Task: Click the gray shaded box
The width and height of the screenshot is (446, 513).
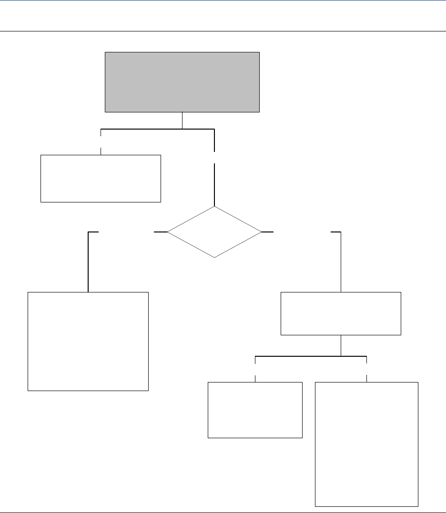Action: pos(182,82)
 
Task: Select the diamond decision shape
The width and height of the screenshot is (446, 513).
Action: pos(214,232)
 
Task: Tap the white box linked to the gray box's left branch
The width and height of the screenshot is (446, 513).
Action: pos(101,178)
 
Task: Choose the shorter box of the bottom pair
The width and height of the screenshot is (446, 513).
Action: pos(255,410)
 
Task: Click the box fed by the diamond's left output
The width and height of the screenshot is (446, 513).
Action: pos(88,341)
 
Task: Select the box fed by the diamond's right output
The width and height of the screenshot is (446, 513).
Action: pos(341,313)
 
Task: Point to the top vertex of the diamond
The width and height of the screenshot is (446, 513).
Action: pos(214,207)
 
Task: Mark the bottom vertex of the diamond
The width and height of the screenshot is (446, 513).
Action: pos(214,257)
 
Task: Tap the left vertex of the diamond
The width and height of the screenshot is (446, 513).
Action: pos(168,232)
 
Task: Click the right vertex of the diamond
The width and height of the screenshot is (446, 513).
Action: pos(261,232)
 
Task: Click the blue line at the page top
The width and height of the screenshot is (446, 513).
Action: pos(223,0)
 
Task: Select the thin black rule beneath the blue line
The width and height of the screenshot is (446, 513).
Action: pos(223,31)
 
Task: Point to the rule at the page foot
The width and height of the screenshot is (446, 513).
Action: pos(223,512)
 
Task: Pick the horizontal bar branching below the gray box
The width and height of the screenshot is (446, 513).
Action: pos(157,129)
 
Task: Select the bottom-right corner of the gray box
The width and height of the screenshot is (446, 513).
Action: pos(259,112)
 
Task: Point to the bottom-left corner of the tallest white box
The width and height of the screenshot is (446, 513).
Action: pos(315,506)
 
